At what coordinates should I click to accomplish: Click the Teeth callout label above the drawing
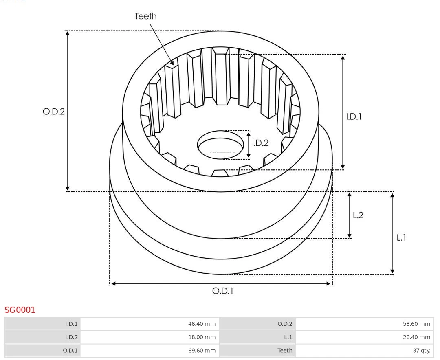point(145,16)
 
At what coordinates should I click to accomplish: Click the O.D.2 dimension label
point(54,112)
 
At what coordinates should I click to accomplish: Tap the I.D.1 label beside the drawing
point(354,116)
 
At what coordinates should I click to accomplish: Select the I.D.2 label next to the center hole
point(260,143)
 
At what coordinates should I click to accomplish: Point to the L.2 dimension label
point(358,215)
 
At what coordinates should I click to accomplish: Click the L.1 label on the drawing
point(401,238)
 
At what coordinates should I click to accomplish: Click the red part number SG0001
point(20,310)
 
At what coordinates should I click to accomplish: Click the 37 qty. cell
point(422,350)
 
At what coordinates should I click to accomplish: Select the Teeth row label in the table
point(285,350)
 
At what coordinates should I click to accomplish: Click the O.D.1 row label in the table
point(71,350)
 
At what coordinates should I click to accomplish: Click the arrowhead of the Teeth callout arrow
point(173,63)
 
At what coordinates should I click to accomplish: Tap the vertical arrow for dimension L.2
point(349,215)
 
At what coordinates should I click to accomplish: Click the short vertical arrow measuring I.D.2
point(249,145)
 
